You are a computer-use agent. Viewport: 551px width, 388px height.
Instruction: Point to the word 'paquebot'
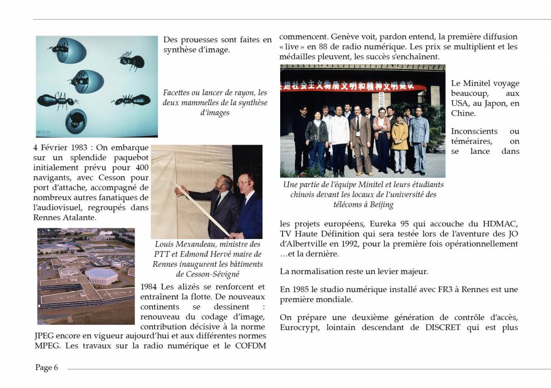[129, 158]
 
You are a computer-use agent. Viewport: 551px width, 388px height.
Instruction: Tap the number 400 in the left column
[140, 168]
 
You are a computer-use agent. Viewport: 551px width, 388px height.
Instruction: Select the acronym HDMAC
[500, 224]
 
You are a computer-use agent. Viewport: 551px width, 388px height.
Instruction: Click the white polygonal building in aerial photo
[102, 275]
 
